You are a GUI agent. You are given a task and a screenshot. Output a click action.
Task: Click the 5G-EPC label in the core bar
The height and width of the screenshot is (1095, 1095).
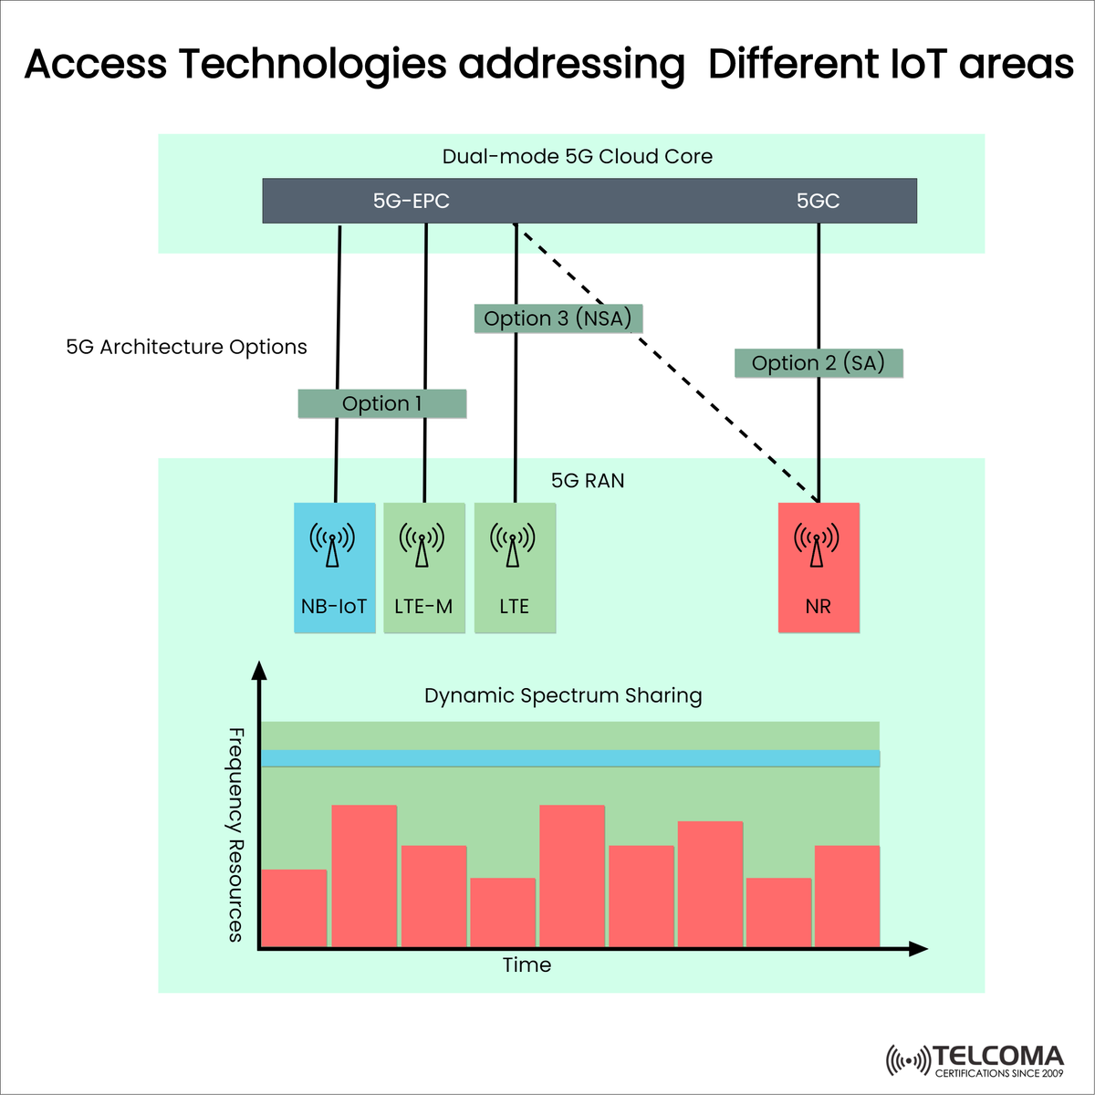(411, 201)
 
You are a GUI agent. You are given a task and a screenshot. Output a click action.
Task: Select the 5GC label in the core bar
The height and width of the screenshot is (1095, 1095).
(818, 201)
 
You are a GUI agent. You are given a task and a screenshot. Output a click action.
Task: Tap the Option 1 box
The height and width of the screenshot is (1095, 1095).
(381, 403)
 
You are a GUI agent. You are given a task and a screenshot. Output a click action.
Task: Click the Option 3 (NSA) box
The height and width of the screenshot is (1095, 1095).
(558, 318)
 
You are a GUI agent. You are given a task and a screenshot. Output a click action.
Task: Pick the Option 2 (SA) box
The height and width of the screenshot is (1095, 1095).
(819, 363)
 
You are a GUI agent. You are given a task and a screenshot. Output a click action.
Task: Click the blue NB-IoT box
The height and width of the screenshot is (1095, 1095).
(334, 568)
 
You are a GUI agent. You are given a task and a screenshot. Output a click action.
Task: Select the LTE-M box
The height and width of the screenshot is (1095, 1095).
(423, 568)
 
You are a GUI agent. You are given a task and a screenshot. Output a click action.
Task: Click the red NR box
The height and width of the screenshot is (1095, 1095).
(819, 568)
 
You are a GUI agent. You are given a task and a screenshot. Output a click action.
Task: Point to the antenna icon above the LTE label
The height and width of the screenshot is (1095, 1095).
(513, 545)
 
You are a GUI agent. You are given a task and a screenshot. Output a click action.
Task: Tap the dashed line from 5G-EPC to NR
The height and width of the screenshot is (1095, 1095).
(666, 365)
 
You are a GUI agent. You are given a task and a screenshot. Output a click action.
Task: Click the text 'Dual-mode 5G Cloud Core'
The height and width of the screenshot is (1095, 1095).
(577, 156)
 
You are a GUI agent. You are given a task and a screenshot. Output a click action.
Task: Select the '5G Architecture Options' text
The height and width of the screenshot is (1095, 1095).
(186, 347)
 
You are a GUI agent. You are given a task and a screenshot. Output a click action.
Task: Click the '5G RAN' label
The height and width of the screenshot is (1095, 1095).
(588, 481)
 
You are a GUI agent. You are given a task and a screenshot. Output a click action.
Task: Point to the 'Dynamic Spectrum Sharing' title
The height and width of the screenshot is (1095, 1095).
(563, 695)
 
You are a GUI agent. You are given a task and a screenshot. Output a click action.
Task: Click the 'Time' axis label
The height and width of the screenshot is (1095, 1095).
(527, 965)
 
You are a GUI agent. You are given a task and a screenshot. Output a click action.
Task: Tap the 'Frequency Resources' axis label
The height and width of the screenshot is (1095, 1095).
(235, 834)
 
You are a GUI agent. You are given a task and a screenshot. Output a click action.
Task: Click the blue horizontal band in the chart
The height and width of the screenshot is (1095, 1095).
(570, 758)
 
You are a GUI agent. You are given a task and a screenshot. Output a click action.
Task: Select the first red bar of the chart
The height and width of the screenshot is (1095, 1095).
(294, 908)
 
